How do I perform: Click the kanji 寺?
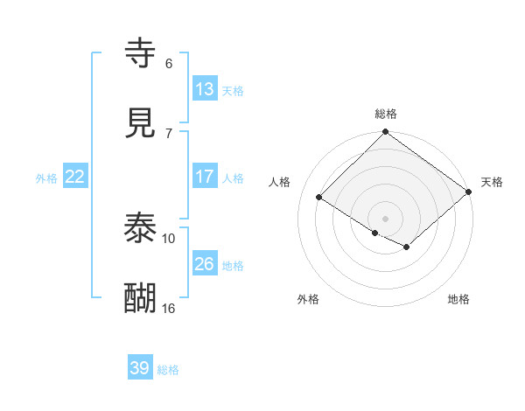141,54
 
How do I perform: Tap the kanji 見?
141,123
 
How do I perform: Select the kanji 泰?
141,229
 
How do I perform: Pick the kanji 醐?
141,298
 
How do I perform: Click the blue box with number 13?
204,88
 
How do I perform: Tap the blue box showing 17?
204,177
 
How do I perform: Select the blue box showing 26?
204,263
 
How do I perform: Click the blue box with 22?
74,177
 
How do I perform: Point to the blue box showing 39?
139,368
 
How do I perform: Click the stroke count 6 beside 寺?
169,63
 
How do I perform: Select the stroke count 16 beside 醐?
169,308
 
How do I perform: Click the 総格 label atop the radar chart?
386,114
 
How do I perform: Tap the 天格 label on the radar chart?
492,182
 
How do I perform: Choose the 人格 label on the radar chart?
280,182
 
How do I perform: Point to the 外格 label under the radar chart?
308,299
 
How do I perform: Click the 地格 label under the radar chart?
458,299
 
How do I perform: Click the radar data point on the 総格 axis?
386,133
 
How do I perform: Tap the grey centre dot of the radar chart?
386,218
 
